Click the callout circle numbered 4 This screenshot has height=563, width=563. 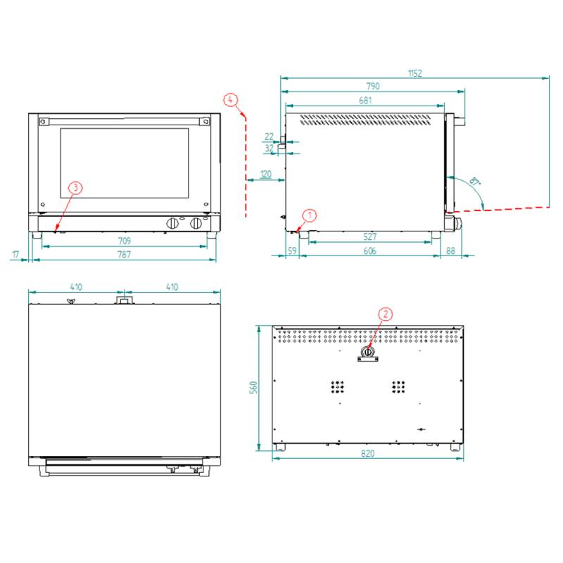point(231,99)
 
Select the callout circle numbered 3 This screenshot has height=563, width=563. point(75,187)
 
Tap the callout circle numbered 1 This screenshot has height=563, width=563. point(310,215)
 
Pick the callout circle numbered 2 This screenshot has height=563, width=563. point(385,314)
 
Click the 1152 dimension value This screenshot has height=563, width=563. point(415,73)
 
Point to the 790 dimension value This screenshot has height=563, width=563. point(373,86)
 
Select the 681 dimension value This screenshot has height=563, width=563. point(365,100)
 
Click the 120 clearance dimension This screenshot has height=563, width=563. point(266,174)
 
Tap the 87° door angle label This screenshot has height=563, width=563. point(474,181)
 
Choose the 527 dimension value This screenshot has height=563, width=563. point(370,236)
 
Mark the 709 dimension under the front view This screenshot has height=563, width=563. point(125,241)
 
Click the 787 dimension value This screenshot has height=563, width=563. point(125,255)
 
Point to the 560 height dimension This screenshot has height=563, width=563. point(253,388)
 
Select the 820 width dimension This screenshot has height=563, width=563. point(367,453)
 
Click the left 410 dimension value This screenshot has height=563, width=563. point(76,287)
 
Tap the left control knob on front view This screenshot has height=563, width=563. point(172,223)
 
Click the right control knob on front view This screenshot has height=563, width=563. point(196,223)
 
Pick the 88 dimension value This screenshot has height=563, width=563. point(450,251)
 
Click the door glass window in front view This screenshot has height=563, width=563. point(125,163)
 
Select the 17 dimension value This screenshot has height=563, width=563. point(15,255)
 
